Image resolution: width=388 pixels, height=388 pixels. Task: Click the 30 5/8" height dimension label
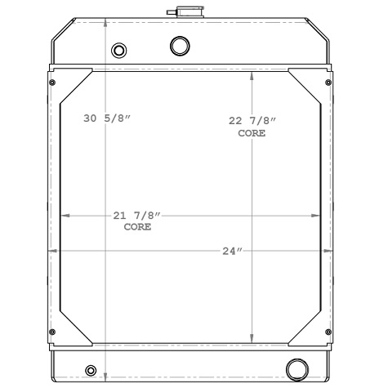tap(107, 119)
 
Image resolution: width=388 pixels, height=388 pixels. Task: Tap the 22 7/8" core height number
tap(252, 121)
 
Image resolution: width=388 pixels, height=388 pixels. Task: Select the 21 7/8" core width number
tap(136, 216)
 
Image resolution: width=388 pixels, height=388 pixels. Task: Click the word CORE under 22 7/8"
tap(252, 132)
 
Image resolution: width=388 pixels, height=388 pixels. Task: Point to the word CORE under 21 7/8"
tap(136, 227)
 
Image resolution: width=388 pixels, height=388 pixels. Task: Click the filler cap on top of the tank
tap(176, 13)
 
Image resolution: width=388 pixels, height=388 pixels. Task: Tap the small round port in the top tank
tap(119, 51)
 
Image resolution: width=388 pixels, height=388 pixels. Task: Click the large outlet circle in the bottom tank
tap(295, 367)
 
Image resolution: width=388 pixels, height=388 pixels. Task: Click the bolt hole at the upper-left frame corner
tap(53, 83)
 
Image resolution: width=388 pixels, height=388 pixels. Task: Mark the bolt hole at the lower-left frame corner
tap(53, 332)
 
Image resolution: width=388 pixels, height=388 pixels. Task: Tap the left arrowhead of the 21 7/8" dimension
tap(65, 216)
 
